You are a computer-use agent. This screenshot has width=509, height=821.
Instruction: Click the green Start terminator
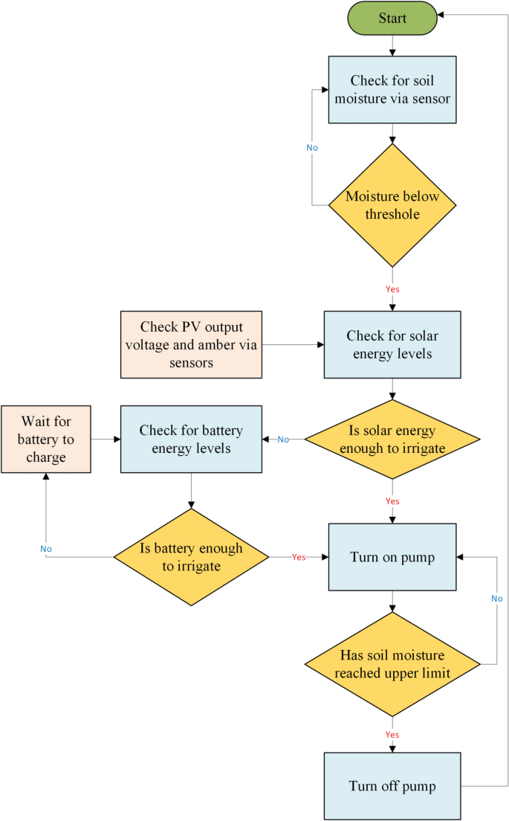[392, 18]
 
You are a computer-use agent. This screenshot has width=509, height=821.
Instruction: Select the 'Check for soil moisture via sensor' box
[392, 89]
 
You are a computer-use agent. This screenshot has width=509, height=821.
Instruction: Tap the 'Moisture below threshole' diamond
[392, 205]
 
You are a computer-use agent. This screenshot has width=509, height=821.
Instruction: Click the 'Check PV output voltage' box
[191, 345]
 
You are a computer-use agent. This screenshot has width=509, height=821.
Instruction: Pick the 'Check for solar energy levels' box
[392, 345]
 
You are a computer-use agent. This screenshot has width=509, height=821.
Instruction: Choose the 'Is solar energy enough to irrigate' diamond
[392, 440]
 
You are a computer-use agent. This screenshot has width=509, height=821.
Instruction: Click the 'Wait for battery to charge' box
[46, 439]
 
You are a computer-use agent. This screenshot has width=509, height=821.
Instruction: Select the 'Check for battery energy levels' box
[191, 439]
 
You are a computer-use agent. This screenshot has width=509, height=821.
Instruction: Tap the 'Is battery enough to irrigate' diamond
[191, 556]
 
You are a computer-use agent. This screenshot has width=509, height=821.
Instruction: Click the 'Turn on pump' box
[392, 557]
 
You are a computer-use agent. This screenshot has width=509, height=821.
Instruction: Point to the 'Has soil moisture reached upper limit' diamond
[392, 664]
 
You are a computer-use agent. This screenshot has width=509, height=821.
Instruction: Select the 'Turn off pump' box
[392, 786]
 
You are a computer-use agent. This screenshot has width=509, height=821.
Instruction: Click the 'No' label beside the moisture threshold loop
[312, 148]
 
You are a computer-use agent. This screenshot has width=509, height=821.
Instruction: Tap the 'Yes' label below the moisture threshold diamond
[392, 289]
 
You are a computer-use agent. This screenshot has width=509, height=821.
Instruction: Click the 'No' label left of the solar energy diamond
[283, 440]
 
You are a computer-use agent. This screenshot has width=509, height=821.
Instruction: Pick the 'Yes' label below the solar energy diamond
[392, 501]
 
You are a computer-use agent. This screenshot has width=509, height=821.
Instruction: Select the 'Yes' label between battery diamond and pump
[299, 557]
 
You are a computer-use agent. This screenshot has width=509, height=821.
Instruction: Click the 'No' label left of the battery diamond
[46, 549]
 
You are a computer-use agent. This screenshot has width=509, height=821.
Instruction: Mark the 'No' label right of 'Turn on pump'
[496, 599]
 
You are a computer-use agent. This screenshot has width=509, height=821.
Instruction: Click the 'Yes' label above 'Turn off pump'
[392, 735]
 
